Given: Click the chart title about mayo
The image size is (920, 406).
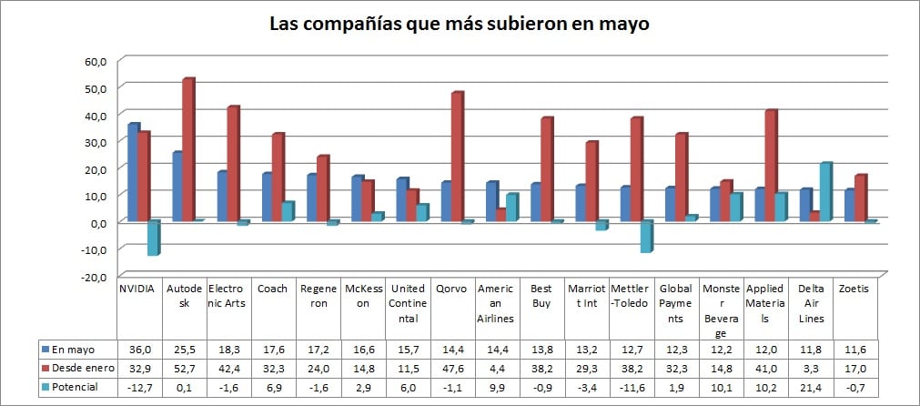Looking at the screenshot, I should point(460,24).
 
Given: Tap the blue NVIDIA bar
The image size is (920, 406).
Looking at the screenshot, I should point(133,172).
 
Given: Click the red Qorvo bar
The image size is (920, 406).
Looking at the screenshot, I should point(457,157).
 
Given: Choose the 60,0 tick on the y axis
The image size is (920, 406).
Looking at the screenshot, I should point(96,61).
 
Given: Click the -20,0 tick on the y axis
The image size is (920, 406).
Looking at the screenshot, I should point(96,276).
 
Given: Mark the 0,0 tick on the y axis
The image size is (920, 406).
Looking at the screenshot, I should point(98,222).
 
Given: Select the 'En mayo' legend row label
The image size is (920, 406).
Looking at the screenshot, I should point(73,349).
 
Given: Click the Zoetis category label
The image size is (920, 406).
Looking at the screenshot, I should point(854,289).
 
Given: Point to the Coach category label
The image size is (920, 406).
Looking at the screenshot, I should point(273,289).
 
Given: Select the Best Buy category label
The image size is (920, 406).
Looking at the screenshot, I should point(541,297).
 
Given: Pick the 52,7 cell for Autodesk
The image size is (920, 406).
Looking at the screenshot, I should point(184,368).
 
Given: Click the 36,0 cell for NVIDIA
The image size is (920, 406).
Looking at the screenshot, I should point(139,349).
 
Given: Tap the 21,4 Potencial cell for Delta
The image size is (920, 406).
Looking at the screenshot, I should point(810,387).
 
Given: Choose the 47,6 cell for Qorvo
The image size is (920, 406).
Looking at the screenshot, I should point(452,368).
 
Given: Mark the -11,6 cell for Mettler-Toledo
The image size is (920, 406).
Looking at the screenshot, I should point(632,387).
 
